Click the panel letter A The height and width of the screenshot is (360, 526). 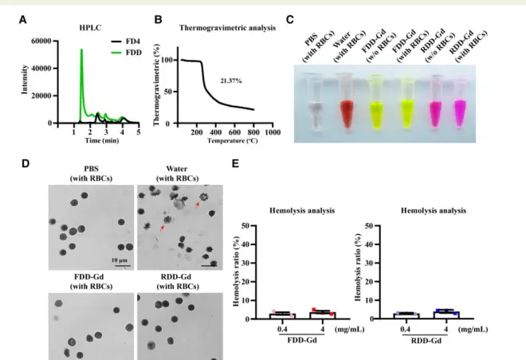tap(18, 10)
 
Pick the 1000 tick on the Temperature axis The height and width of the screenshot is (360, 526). tap(272, 131)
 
